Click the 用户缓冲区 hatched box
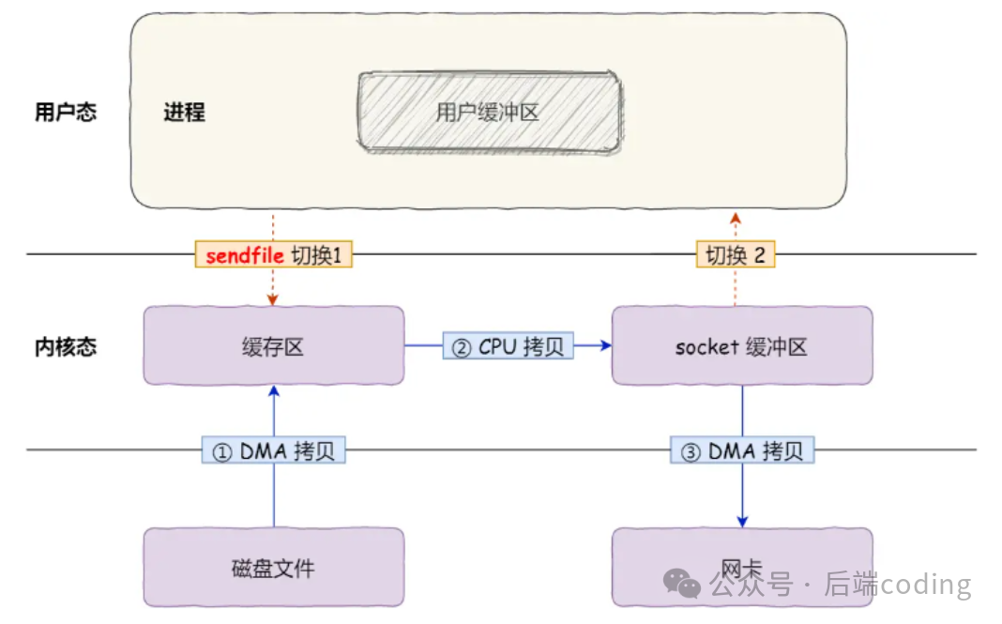point(489,113)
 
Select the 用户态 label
point(65,113)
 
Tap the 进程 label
point(184,114)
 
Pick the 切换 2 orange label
point(736,255)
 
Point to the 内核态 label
point(65,347)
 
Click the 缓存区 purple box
point(273,345)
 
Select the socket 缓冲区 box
point(741,346)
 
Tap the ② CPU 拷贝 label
point(508,347)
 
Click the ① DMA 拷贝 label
point(273,451)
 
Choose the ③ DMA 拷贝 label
point(742,451)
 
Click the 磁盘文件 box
point(273,567)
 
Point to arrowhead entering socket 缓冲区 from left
point(605,346)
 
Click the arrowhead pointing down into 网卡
point(742,521)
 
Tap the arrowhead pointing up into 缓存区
point(274,390)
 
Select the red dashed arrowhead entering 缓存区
point(273,299)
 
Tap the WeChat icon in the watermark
point(682,585)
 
